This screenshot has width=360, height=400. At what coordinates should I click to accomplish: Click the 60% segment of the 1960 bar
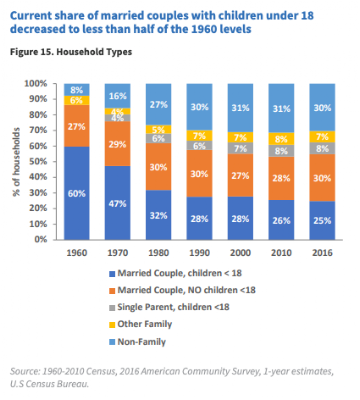click(x=77, y=193)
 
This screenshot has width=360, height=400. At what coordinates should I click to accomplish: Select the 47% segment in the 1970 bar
click(x=117, y=203)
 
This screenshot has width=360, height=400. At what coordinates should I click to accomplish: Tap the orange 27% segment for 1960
click(x=77, y=126)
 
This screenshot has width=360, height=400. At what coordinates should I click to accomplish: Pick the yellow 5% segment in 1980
click(x=158, y=129)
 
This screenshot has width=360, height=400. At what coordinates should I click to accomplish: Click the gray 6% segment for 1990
click(x=199, y=145)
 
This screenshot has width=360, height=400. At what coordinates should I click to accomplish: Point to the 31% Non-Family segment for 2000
click(x=240, y=108)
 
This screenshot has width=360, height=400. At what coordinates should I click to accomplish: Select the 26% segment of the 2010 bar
click(x=281, y=220)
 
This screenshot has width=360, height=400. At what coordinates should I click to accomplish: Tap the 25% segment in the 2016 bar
click(x=322, y=220)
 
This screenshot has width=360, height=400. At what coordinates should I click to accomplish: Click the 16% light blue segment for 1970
click(x=117, y=96)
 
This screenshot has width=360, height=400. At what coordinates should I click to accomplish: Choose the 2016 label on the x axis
click(x=322, y=253)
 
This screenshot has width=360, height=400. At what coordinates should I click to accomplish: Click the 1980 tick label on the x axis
click(x=158, y=253)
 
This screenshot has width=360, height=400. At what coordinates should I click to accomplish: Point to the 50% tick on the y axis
click(x=39, y=162)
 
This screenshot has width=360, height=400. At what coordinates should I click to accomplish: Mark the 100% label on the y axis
click(x=36, y=83)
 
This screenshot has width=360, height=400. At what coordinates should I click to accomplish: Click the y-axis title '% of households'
click(x=16, y=162)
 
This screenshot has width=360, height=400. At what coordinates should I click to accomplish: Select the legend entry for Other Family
click(x=140, y=324)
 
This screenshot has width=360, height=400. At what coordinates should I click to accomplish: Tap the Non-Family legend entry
click(x=137, y=342)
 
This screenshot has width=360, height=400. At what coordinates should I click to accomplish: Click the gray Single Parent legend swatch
click(x=112, y=308)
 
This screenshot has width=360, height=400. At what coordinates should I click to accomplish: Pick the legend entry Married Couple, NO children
click(x=182, y=290)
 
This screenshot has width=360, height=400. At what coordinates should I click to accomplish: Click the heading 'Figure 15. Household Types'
click(x=71, y=52)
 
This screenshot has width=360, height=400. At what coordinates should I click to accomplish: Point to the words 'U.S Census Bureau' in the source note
click(x=49, y=384)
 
